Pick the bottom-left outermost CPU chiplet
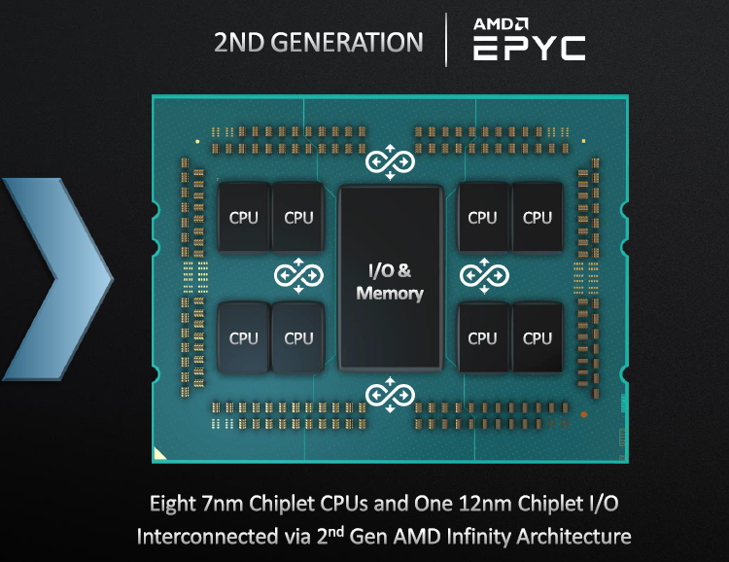pyautogui.click(x=244, y=338)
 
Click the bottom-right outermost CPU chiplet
pyautogui.click(x=537, y=338)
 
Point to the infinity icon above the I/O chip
pyautogui.click(x=390, y=161)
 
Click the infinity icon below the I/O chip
pyautogui.click(x=390, y=395)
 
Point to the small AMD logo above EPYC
pyautogui.click(x=501, y=23)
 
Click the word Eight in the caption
pyautogui.click(x=172, y=504)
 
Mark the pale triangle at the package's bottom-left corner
pyautogui.click(x=161, y=452)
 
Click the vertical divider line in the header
pyautogui.click(x=446, y=40)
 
